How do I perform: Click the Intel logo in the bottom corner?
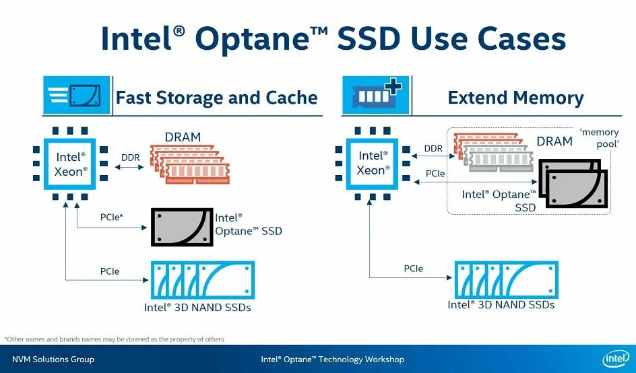tap(616, 359)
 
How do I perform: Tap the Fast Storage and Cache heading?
tap(216, 98)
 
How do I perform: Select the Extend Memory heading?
tap(515, 98)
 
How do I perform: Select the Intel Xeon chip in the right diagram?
tap(371, 164)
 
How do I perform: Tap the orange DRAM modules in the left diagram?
tap(189, 164)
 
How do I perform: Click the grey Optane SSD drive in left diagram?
tap(182, 227)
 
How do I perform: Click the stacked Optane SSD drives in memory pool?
tap(573, 184)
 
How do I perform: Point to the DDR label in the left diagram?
tap(130, 158)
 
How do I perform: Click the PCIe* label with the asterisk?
tap(112, 217)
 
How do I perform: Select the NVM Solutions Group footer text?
tap(53, 360)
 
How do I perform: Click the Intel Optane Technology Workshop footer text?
tap(332, 360)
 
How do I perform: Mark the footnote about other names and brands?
tap(115, 339)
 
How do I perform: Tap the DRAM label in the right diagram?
tap(554, 141)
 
